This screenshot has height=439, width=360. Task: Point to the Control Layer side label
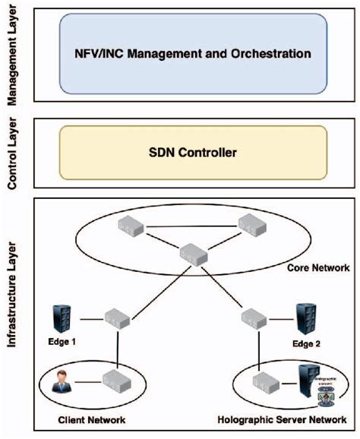[11, 153]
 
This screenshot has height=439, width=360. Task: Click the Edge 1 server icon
[63, 318]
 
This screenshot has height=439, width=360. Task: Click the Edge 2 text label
[308, 343]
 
